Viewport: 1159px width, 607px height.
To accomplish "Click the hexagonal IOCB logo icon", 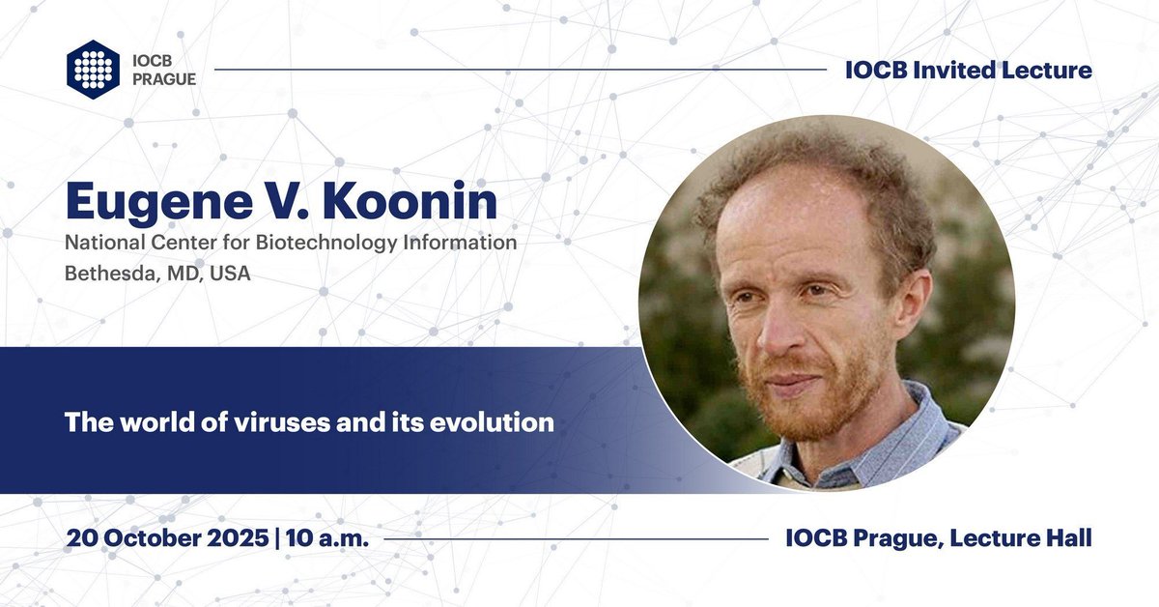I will coord(92,70).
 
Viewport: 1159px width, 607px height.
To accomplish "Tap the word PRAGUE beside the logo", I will coord(163,79).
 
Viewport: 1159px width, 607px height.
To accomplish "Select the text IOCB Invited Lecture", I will coord(968,70).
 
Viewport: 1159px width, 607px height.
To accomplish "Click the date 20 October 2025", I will coord(166,538).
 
